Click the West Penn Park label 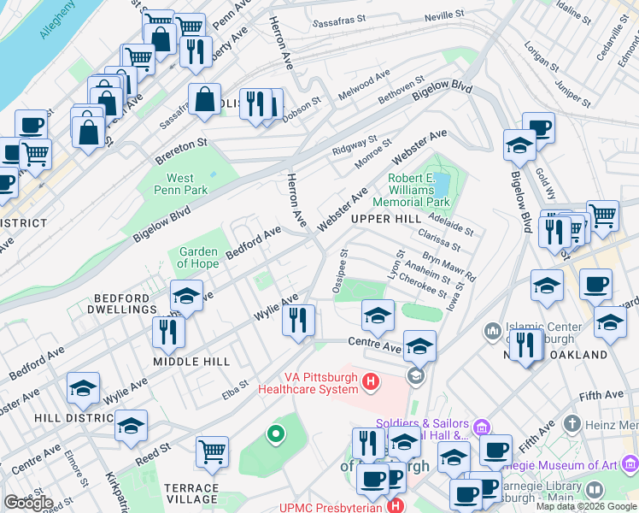[180, 184]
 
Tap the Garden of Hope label [199, 257]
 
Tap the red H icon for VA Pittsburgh [371, 381]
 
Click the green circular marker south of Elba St [275, 435]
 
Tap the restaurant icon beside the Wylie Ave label [298, 321]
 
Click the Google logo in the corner [28, 502]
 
